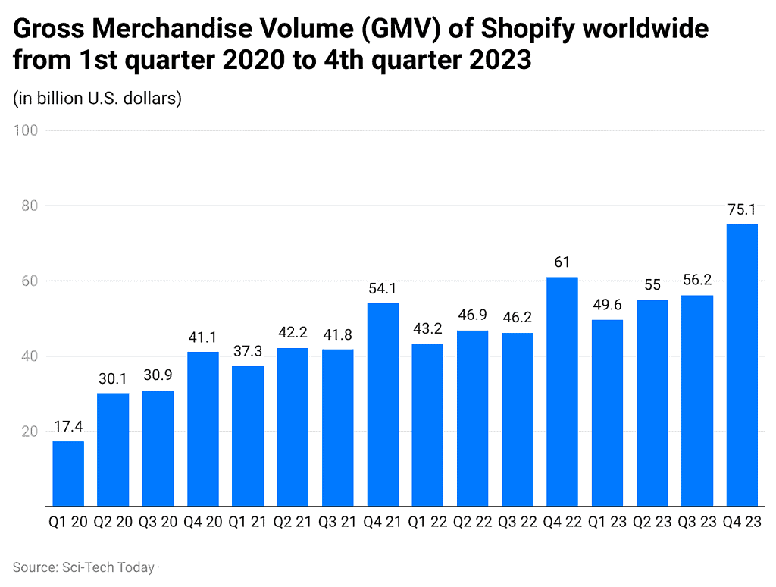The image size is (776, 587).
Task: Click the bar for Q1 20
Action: click(x=68, y=473)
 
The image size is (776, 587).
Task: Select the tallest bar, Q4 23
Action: click(x=742, y=365)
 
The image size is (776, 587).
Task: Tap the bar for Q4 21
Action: click(x=383, y=404)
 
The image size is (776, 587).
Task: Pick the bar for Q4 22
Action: click(x=562, y=391)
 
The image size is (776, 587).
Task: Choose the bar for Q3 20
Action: click(x=158, y=448)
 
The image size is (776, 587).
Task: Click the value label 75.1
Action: click(x=742, y=210)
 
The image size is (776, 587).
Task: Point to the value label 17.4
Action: click(x=68, y=428)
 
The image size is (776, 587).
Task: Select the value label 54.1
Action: click(x=383, y=289)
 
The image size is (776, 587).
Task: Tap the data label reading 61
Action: click(x=562, y=263)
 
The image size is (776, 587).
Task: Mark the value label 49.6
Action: click(x=607, y=306)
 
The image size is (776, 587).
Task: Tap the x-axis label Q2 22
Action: click(x=472, y=523)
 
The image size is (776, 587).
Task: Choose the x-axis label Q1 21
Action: click(x=248, y=523)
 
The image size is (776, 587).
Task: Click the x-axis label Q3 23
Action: click(x=697, y=523)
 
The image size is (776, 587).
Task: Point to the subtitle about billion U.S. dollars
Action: click(x=97, y=99)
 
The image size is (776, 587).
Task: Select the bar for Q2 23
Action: click(x=652, y=403)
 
